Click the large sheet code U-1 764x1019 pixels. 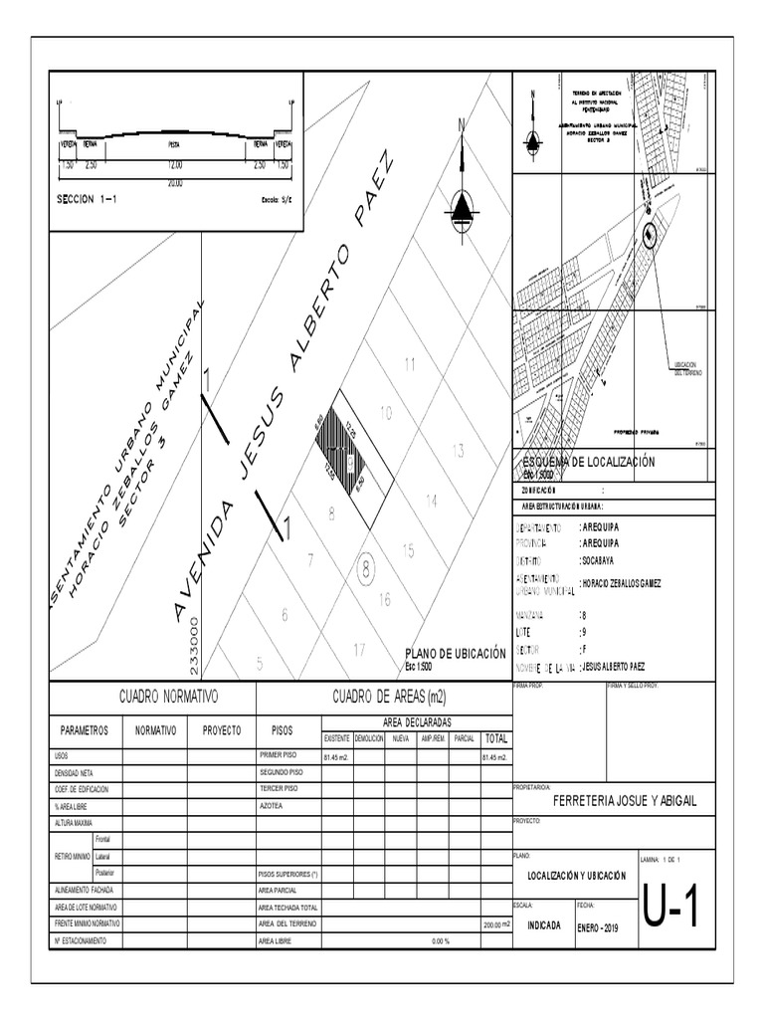(671, 908)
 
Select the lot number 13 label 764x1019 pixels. (458, 452)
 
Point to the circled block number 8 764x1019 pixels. (367, 570)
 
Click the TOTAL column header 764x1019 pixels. (495, 738)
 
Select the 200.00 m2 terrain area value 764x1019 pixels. (495, 923)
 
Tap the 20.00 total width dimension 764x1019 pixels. (174, 183)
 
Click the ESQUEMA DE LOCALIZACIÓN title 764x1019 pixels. (589, 462)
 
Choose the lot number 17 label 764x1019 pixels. (359, 650)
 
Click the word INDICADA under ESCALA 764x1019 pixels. (544, 924)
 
